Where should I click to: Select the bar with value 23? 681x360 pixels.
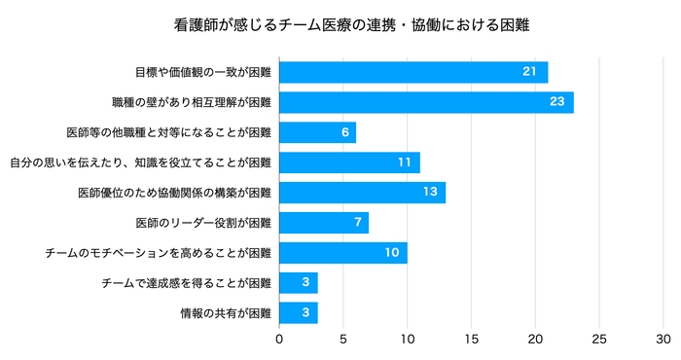[x=426, y=102]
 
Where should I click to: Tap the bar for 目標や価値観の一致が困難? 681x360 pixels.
[x=413, y=72]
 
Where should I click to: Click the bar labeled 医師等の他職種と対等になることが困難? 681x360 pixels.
[x=317, y=132]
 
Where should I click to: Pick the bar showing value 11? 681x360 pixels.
[x=349, y=162]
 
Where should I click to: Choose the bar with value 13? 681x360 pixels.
[x=362, y=193]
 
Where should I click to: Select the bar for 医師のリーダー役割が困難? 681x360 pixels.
[x=324, y=223]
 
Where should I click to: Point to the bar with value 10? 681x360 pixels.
[x=342, y=253]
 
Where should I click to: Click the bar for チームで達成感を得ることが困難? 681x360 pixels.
[x=298, y=283]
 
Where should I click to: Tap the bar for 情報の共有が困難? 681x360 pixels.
[x=298, y=313]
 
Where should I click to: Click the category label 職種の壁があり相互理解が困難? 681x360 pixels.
[x=193, y=102]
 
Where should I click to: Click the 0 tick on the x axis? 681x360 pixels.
[x=279, y=340]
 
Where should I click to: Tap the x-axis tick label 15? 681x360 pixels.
[x=471, y=340]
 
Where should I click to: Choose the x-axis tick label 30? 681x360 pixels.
[x=663, y=340]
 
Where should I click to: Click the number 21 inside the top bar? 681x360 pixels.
[x=529, y=72]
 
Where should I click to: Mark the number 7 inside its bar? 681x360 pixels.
[x=357, y=223]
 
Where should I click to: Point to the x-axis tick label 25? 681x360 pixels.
[x=598, y=340]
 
